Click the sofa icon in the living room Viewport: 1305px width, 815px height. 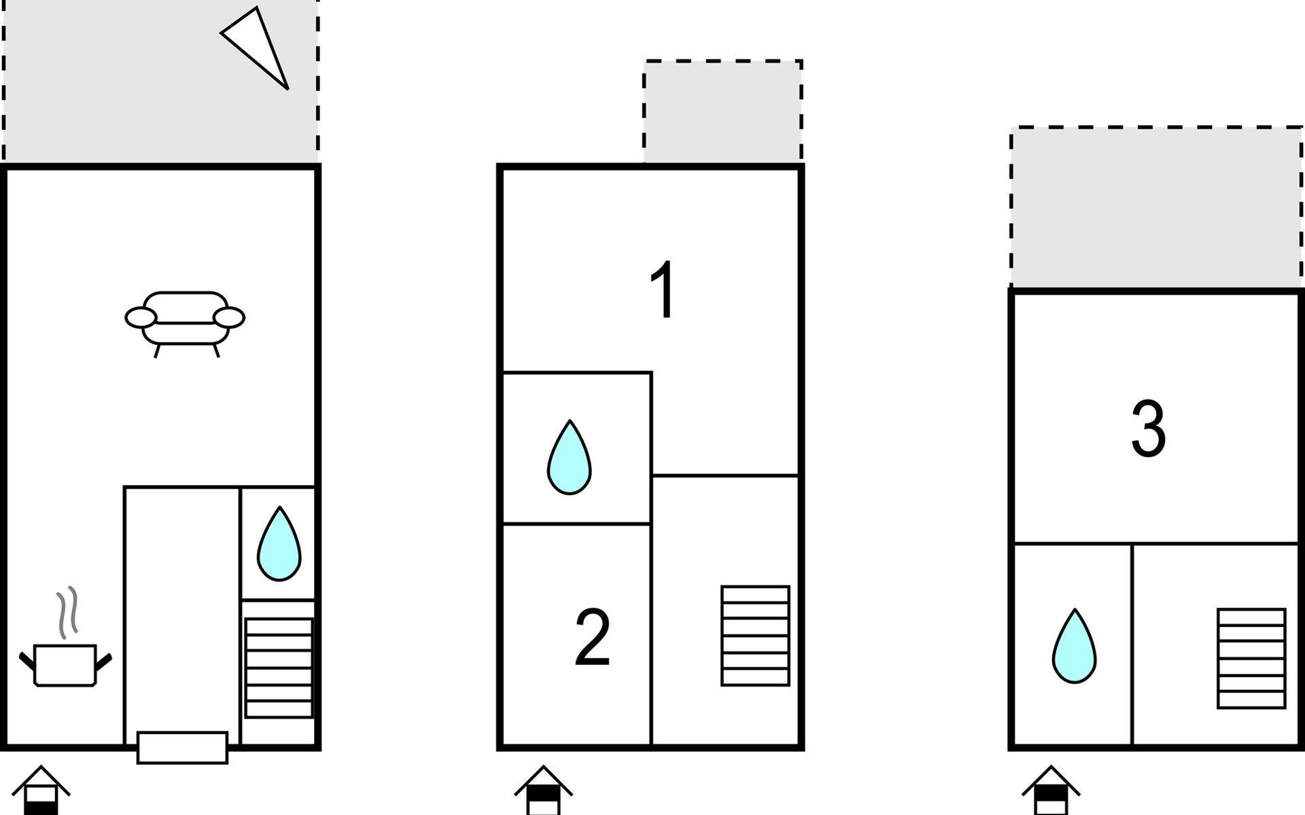[185, 319]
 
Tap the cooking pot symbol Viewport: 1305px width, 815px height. [65, 666]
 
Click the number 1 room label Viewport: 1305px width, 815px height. [663, 290]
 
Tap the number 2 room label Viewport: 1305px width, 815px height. [592, 638]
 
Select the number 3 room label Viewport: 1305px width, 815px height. [1149, 429]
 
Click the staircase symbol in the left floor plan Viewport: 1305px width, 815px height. [279, 668]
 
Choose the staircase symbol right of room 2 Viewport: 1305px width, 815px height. [755, 636]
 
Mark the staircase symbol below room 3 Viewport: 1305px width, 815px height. [1251, 658]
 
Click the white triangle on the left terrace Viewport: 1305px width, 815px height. [258, 45]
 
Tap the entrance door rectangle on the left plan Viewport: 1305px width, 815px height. [182, 747]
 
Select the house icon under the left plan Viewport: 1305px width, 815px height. [41, 791]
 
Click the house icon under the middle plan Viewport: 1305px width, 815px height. [543, 791]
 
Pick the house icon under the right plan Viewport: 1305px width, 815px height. [1051, 791]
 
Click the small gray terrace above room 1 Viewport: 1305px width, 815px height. [723, 112]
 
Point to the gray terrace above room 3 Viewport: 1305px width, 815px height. [1155, 207]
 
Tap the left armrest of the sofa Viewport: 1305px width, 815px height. [141, 317]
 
